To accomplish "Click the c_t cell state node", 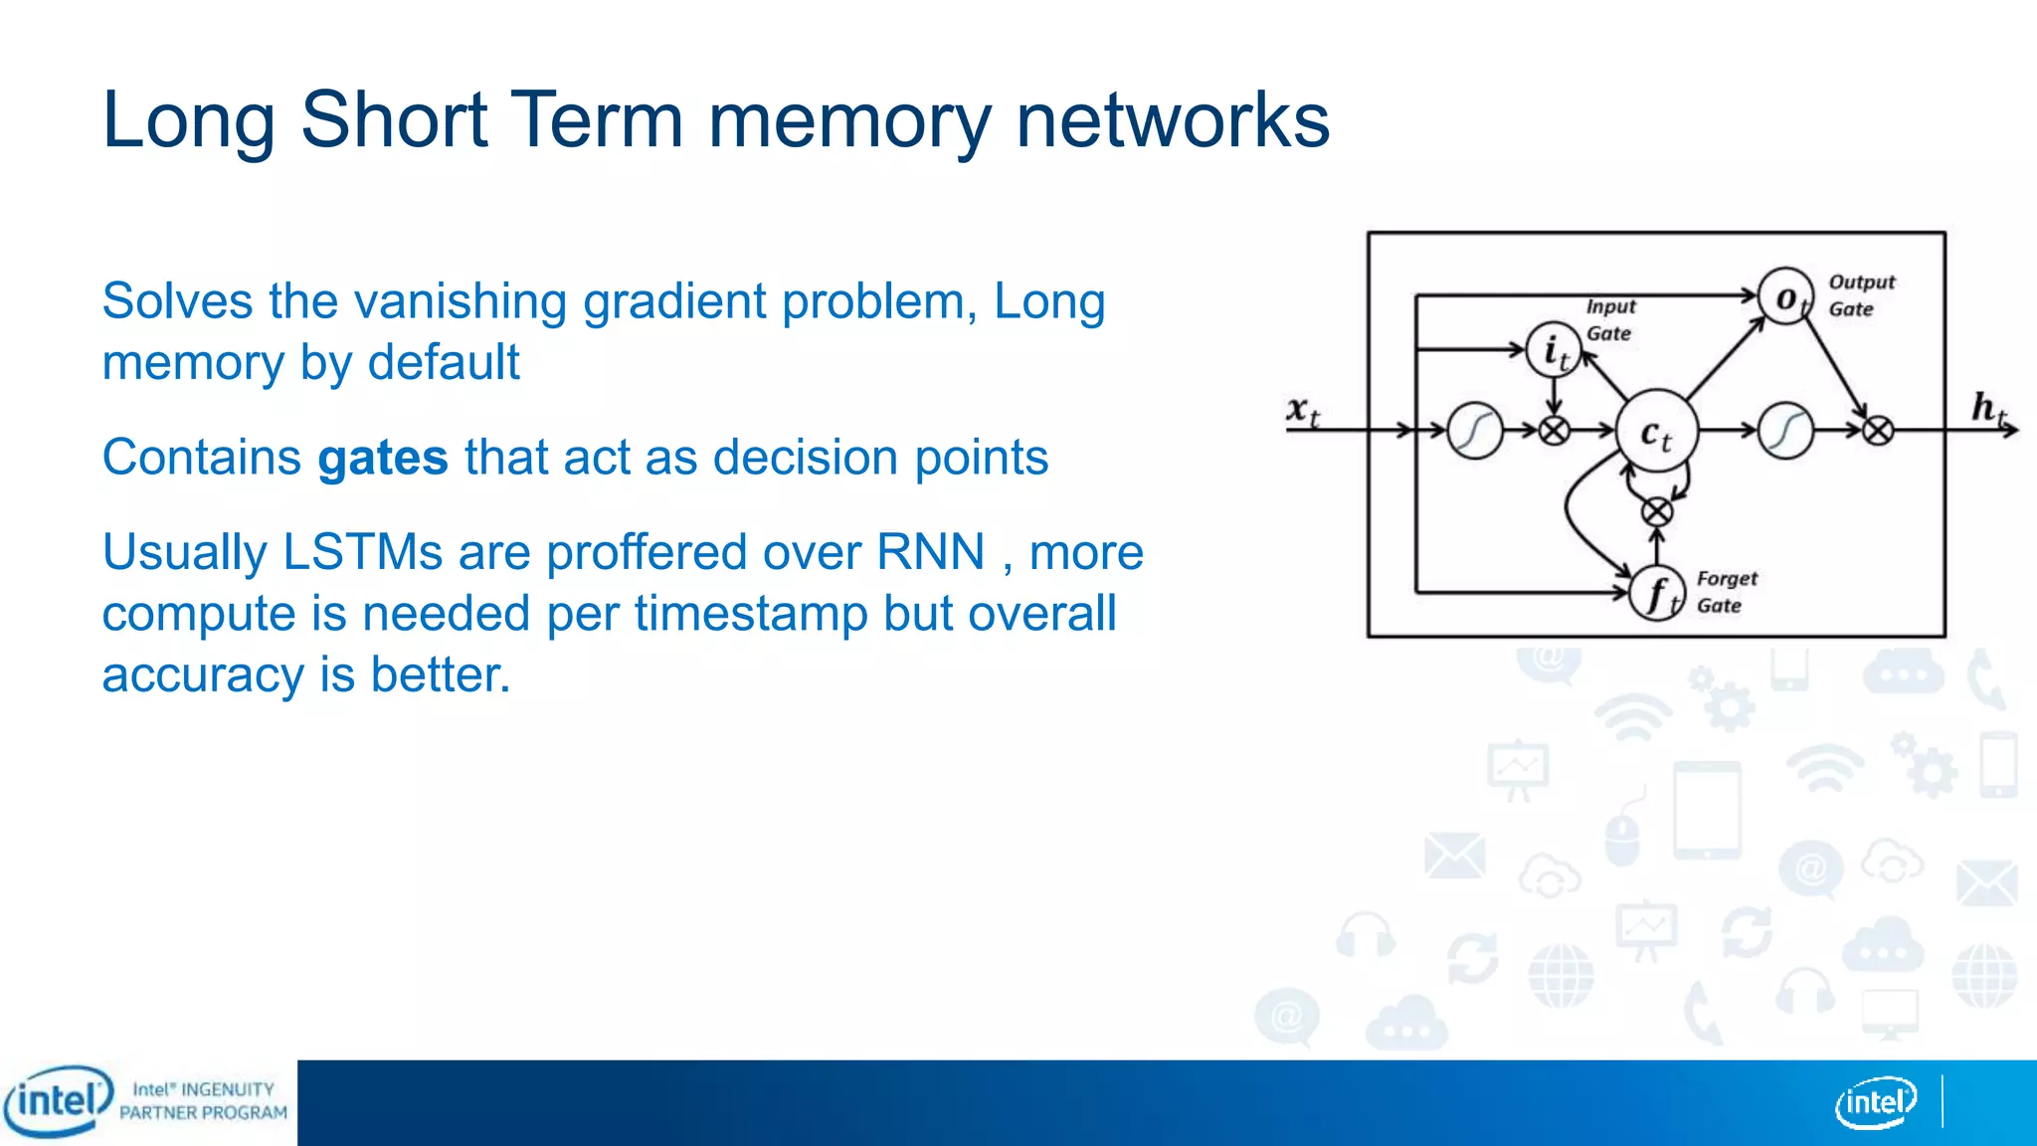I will point(1655,431).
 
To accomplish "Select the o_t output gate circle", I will point(1785,296).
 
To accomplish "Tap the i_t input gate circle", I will point(1554,350).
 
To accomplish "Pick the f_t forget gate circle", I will point(1657,594).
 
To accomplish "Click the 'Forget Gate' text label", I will point(1727,592).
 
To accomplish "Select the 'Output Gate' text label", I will point(1861,295).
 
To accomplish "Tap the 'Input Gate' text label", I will point(1609,319).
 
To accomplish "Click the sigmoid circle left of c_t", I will point(1475,431).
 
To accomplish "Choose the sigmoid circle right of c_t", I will point(1785,431).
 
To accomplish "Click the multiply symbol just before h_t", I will point(1877,431).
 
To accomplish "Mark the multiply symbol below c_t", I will point(1656,512).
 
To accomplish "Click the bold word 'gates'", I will point(383,459).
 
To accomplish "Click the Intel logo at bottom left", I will point(58,1101).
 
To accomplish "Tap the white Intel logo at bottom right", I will point(1875,1102).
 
